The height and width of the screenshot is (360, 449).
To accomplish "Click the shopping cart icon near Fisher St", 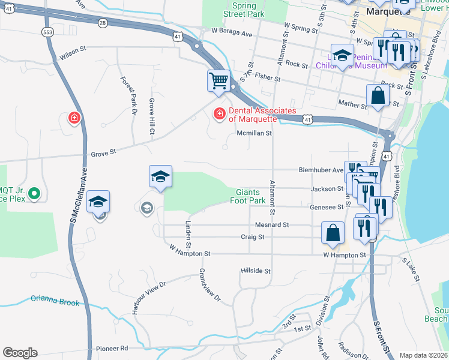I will click(218, 80).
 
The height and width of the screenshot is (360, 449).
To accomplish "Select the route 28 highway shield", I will click(103, 22).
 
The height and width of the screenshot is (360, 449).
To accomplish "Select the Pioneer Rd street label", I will click(112, 348).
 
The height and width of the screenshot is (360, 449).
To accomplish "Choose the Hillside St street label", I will click(256, 271).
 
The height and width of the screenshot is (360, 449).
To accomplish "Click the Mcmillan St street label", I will click(255, 133).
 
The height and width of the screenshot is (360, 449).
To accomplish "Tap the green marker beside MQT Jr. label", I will click(34, 193).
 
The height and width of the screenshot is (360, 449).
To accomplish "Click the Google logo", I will click(20, 353).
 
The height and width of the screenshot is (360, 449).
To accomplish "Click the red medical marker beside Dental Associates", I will click(220, 113).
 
